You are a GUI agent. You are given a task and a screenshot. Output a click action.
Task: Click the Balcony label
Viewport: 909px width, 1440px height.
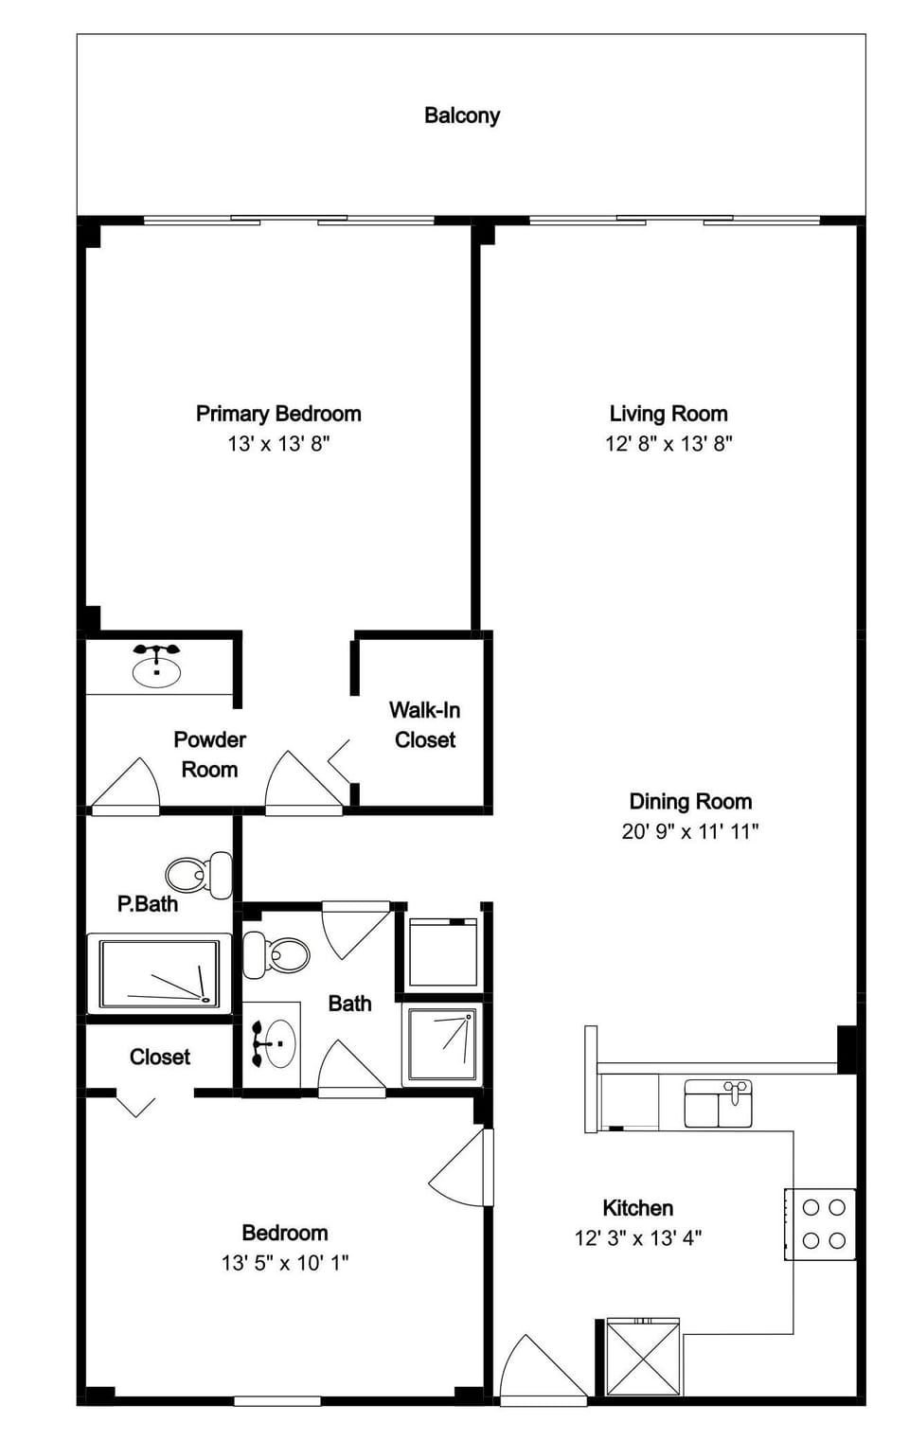461,116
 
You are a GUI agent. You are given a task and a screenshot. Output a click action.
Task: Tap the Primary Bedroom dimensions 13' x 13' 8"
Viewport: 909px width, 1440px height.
278,443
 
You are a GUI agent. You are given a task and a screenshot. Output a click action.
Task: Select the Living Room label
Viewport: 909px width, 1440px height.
668,414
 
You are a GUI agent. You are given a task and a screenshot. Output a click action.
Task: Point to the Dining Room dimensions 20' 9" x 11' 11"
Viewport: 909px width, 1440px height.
689,831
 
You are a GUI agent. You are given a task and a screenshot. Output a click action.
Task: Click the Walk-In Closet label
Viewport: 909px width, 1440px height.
424,724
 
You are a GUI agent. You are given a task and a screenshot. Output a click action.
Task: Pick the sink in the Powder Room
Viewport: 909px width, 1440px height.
156,668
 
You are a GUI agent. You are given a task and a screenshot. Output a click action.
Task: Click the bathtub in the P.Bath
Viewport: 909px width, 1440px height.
159,973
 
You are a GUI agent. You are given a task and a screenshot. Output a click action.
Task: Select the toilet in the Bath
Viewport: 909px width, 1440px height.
276,954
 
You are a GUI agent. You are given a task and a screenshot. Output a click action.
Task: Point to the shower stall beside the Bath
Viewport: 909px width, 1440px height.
442,1044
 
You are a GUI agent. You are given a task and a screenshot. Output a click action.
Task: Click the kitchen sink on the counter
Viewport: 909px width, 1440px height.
718,1104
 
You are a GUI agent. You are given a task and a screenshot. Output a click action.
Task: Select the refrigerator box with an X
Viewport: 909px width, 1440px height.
643,1358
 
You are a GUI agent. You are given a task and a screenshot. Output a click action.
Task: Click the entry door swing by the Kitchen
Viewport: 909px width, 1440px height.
540,1369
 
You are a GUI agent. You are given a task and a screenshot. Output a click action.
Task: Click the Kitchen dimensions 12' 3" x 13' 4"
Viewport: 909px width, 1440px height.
637,1238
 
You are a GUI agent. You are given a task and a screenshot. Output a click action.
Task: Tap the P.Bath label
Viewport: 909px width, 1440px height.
148,904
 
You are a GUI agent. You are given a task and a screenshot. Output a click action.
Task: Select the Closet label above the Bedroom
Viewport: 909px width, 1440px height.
159,1057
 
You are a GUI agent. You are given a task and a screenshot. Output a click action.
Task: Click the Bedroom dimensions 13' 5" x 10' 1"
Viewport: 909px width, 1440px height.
285,1263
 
